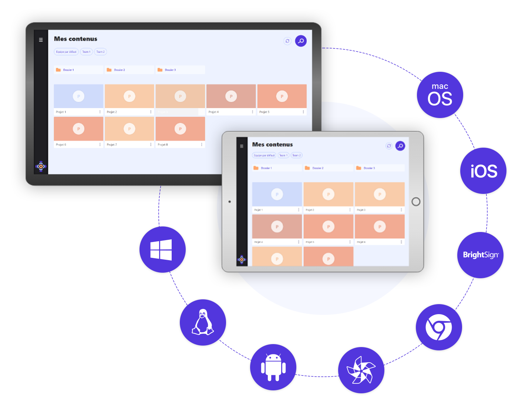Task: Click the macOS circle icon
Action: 440,95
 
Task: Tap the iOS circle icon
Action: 484,171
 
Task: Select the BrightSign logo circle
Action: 481,255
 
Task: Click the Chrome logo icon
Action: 439,327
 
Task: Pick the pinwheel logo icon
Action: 361,370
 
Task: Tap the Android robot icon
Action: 273,367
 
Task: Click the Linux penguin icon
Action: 203,322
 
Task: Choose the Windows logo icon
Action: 161,250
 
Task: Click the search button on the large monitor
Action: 301,41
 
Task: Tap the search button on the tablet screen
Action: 400,146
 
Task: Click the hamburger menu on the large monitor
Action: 41,40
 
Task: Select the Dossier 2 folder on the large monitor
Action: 129,70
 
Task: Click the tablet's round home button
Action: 416,202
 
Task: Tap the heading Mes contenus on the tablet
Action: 272,145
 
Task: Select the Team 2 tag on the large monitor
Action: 100,52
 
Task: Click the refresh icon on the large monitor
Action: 287,41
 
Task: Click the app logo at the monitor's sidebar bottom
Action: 41,166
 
